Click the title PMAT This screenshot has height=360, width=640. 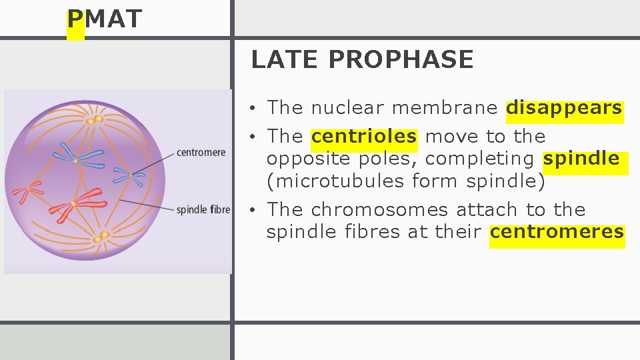(x=105, y=19)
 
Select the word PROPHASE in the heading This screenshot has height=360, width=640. (x=401, y=60)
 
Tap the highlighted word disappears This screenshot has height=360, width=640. (x=564, y=108)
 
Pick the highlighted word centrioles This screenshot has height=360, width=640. (x=364, y=137)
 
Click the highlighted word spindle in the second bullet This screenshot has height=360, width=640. (x=581, y=159)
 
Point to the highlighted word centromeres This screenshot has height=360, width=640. (x=557, y=232)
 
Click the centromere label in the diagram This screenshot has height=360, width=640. (x=201, y=153)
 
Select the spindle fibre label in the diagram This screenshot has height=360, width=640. (x=203, y=210)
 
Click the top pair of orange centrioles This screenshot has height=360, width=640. (x=95, y=120)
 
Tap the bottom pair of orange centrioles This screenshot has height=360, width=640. (x=101, y=236)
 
